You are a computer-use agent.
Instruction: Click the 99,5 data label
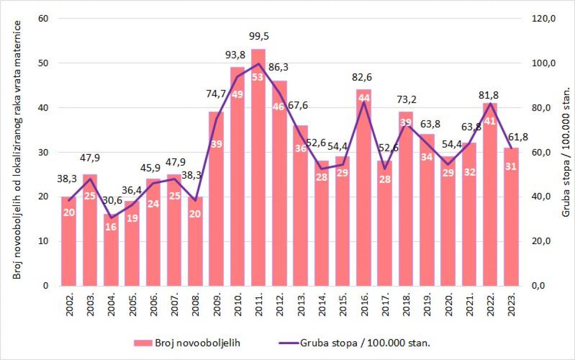coord(258,36)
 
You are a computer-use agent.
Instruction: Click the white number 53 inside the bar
coord(258,77)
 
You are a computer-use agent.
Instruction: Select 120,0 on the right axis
coord(544,19)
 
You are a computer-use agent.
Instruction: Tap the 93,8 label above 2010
coord(237,56)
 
